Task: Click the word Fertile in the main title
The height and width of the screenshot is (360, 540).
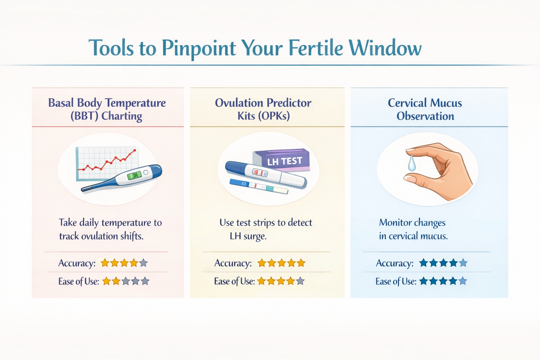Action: coord(315,48)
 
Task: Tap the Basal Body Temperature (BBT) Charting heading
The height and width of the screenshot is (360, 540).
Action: coord(107,109)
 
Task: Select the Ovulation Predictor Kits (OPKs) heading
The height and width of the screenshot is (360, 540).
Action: coord(263,109)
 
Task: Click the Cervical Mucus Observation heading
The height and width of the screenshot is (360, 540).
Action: coord(425,109)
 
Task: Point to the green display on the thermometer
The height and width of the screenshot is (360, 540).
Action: coord(134,175)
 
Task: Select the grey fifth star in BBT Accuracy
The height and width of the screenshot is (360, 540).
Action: coord(143,263)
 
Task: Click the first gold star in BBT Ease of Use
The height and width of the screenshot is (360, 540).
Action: coord(107,281)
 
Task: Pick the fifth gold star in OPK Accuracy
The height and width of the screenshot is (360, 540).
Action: coord(301,263)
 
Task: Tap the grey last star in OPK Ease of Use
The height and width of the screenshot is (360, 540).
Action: coord(300,281)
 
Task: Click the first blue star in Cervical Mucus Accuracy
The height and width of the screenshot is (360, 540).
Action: coord(424,263)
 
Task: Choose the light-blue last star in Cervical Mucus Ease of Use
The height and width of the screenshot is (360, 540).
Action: coord(463,281)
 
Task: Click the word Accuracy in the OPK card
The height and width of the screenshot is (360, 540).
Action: coord(233,263)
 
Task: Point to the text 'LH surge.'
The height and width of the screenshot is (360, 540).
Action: coord(248,236)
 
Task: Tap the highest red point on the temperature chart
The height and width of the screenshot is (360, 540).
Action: coord(135,150)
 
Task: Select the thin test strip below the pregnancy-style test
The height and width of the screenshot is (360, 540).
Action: coord(258,186)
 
